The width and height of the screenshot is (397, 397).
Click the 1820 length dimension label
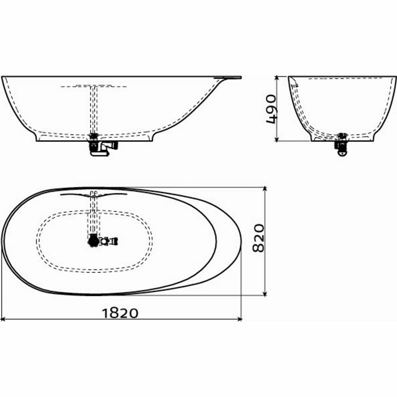[120, 313]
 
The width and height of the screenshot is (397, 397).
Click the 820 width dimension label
[258, 238]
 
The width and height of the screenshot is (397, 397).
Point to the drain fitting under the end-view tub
[342, 147]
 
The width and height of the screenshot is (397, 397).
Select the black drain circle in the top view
[93, 240]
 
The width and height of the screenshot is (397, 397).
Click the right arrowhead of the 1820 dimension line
[240, 319]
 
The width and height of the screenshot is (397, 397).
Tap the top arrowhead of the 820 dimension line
[265, 189]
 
